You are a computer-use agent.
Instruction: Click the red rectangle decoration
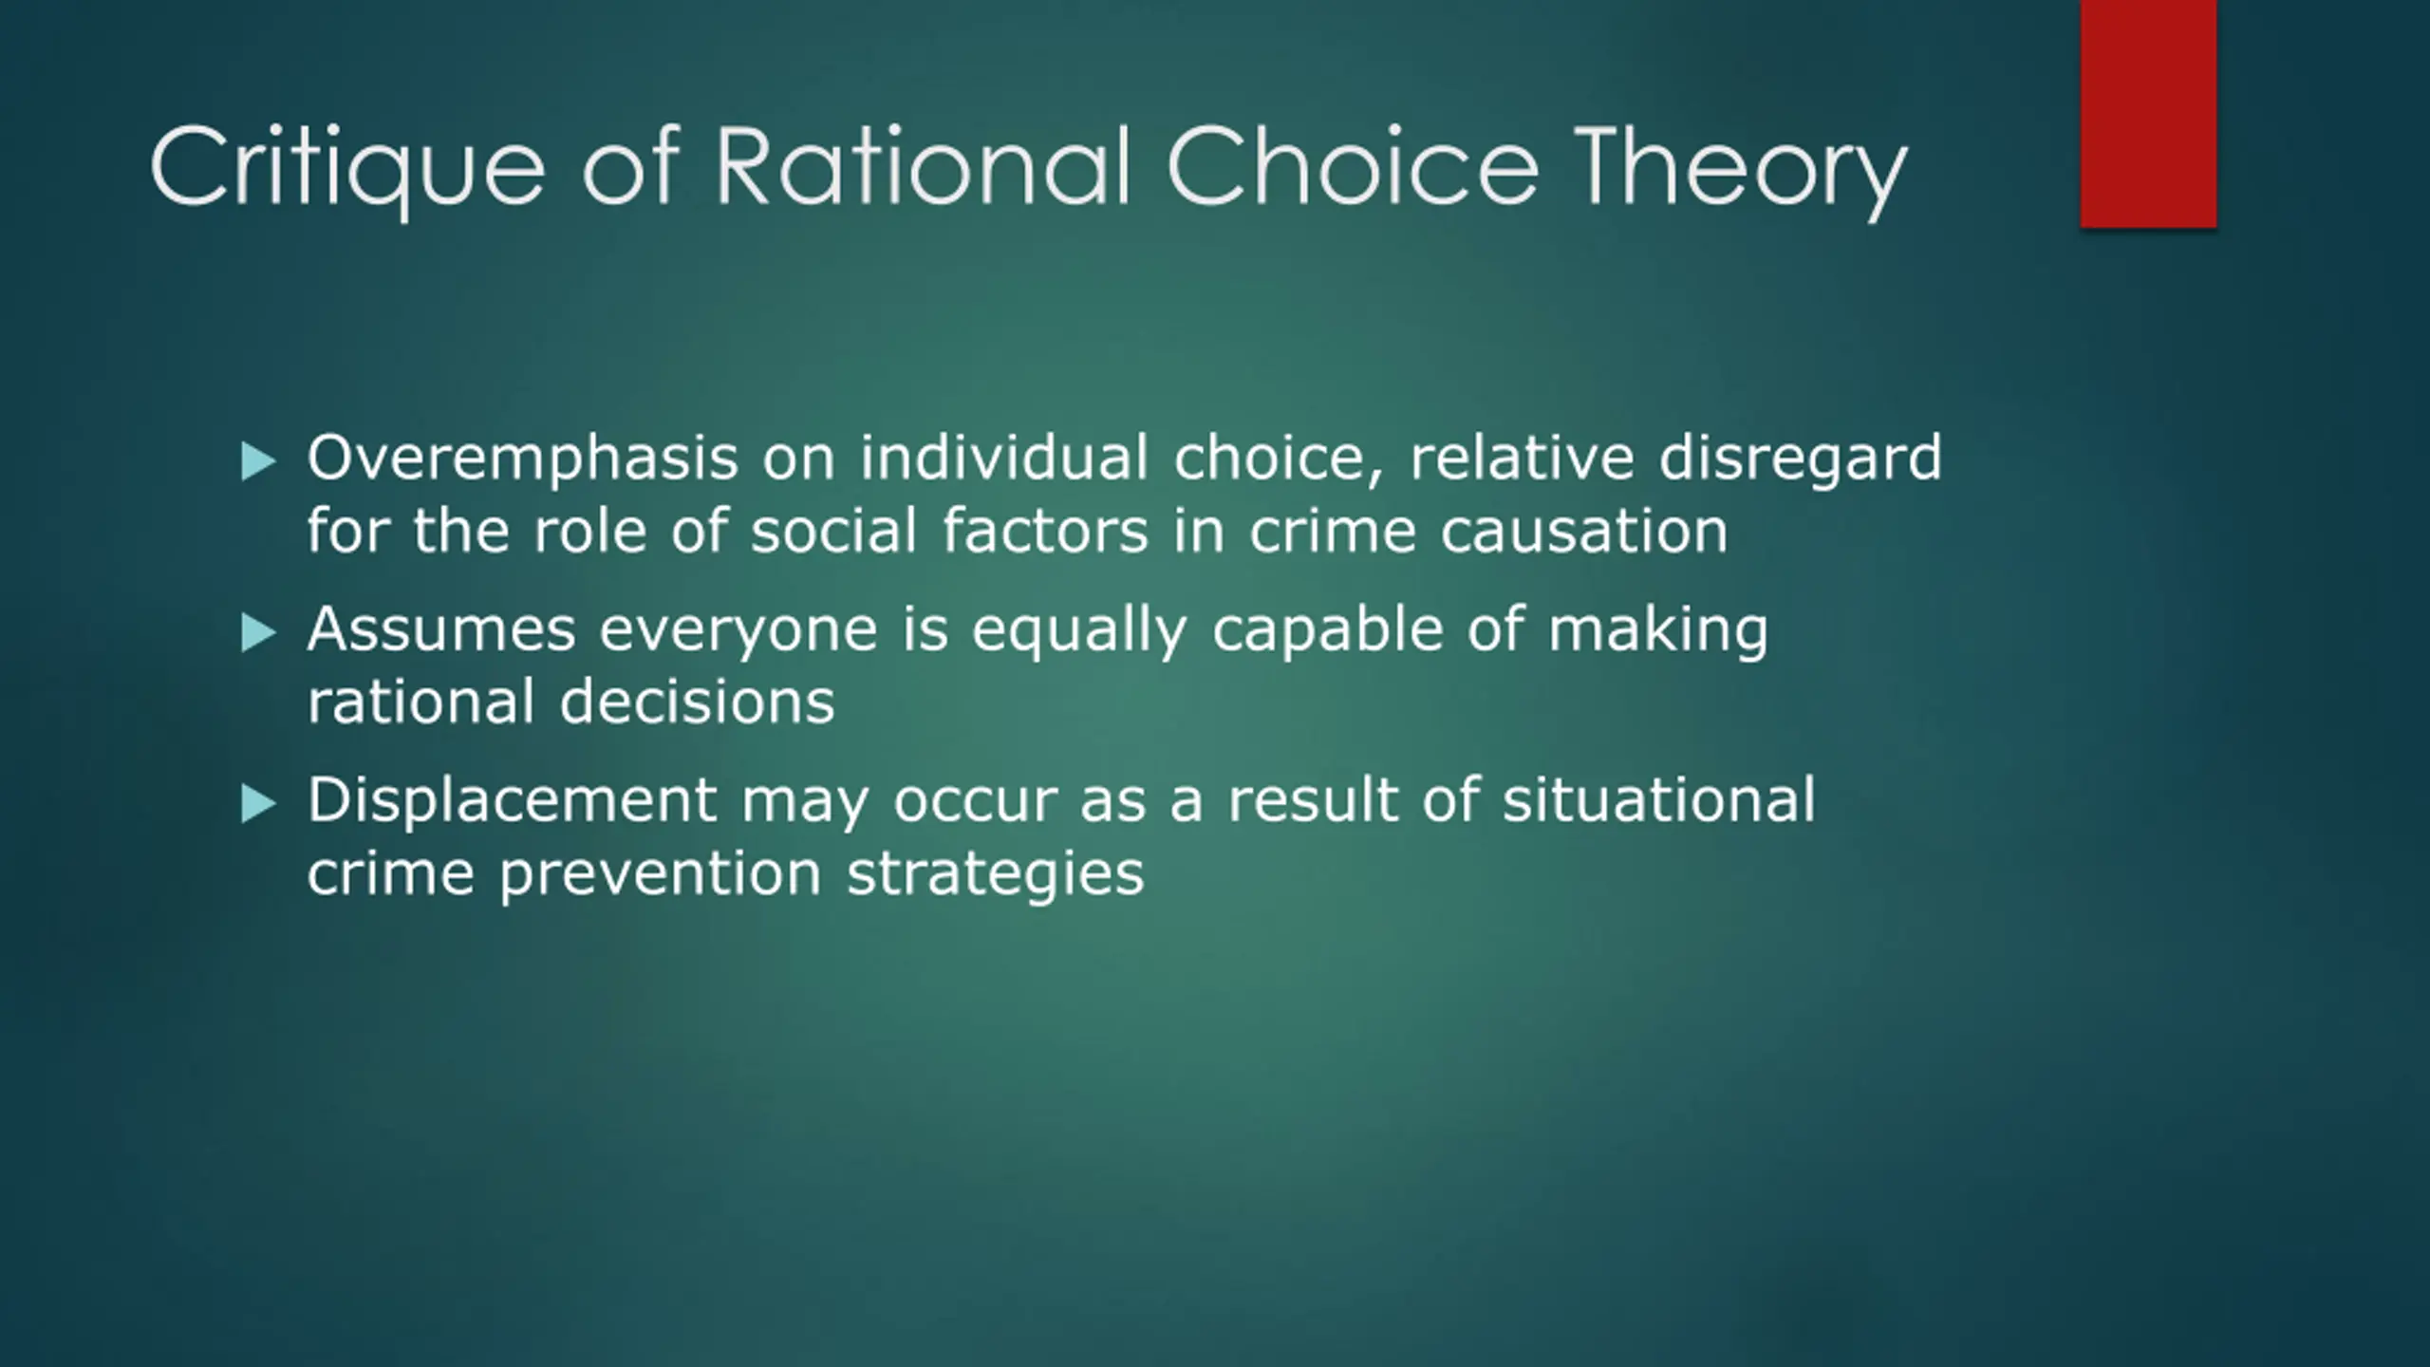click(2148, 114)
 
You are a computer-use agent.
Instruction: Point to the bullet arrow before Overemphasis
click(258, 462)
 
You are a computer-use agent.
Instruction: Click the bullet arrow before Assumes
click(258, 633)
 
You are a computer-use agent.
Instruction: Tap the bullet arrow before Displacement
click(258, 804)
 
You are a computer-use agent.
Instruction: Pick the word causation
click(1584, 530)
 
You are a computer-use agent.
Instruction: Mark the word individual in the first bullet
click(1004, 457)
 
